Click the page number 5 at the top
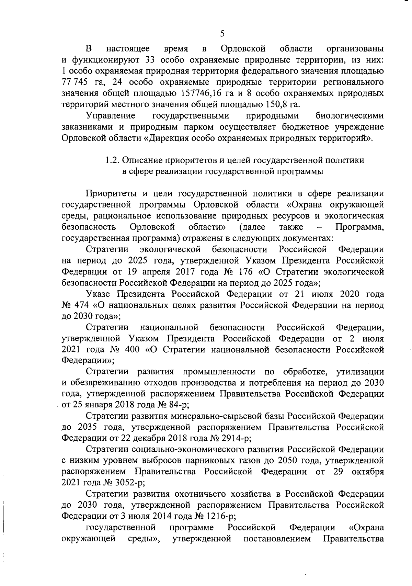[222, 34]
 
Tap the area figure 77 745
[75, 82]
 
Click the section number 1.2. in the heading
[112, 160]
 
